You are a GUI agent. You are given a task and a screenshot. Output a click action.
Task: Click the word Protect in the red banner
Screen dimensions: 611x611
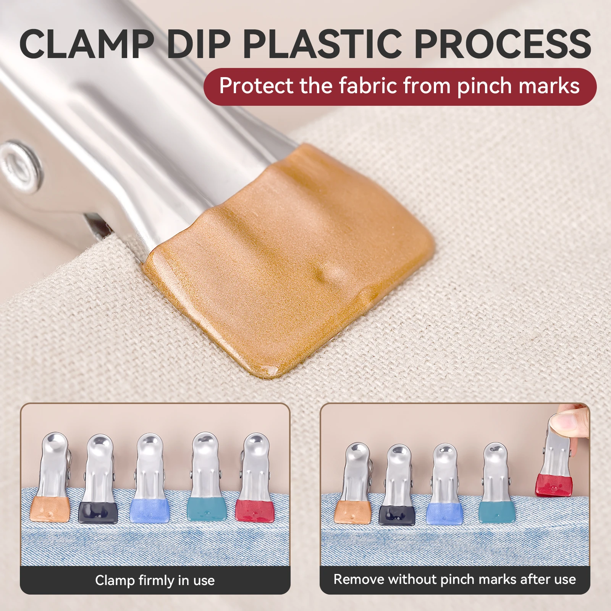(256, 86)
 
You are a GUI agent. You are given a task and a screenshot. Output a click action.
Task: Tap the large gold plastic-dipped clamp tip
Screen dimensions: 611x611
(290, 260)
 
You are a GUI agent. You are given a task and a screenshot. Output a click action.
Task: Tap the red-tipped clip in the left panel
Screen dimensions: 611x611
(255, 477)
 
